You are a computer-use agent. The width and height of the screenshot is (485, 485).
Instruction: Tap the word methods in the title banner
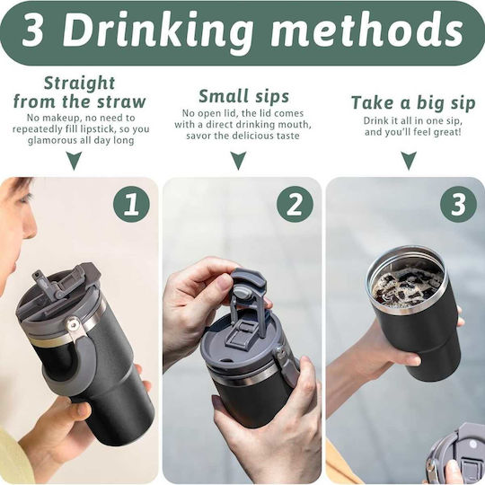(x=367, y=31)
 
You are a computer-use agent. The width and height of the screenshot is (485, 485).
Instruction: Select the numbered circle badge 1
(x=131, y=204)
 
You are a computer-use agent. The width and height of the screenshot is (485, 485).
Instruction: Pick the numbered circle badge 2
(x=295, y=204)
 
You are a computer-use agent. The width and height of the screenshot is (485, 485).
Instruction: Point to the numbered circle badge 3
(x=458, y=204)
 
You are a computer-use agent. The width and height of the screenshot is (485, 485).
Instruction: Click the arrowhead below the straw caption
(x=75, y=161)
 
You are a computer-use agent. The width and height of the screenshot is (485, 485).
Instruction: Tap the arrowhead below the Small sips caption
(x=239, y=161)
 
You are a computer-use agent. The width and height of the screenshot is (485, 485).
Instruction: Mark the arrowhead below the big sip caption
(x=409, y=161)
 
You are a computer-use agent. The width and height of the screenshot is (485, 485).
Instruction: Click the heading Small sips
(x=243, y=96)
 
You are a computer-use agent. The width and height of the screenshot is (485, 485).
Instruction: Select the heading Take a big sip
(x=413, y=102)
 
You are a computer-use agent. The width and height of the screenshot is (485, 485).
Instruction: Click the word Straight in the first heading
(x=80, y=84)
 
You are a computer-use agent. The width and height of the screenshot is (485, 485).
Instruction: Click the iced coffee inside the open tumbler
(x=408, y=285)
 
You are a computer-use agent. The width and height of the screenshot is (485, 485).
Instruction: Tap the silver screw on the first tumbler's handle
(x=73, y=325)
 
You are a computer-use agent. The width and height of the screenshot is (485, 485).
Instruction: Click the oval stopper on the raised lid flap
(x=242, y=291)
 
